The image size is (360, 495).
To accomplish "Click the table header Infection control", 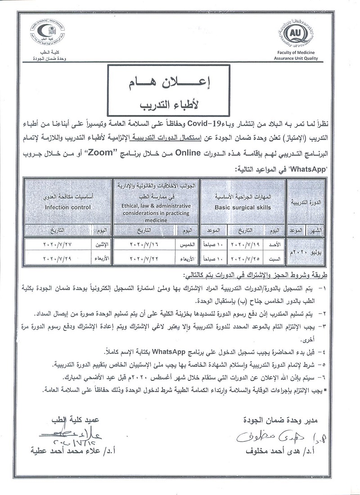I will [67, 207].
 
